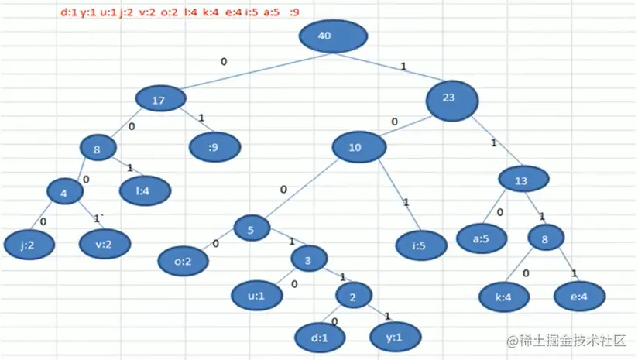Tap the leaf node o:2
point(182,262)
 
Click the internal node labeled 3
point(307,260)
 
